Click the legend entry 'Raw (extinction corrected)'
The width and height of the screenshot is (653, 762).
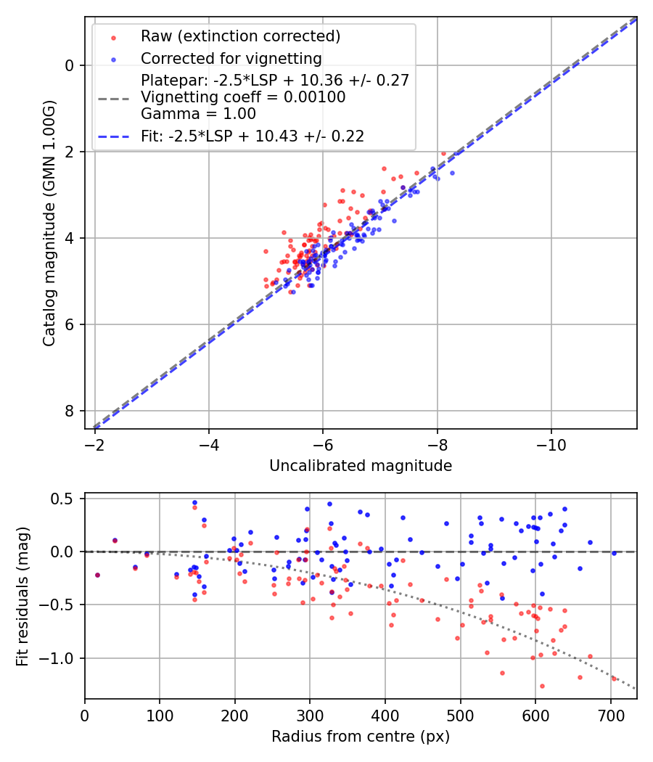point(240,36)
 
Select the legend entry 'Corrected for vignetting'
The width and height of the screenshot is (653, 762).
point(231,58)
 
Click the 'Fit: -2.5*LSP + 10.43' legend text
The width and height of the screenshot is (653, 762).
point(252,136)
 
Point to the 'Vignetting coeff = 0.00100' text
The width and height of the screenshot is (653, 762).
point(243,97)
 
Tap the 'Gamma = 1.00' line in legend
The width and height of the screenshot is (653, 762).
point(198,113)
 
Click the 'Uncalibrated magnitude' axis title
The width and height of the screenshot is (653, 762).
point(361,466)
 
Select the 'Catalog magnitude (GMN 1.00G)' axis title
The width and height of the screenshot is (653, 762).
point(49,223)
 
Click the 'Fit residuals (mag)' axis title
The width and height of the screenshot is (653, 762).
point(22,595)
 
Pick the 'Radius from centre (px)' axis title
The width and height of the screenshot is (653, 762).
point(361,737)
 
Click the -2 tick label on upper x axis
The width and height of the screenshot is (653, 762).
point(95,442)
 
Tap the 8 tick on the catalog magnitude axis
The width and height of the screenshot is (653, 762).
point(70,411)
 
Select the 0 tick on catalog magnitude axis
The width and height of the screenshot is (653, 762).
point(70,65)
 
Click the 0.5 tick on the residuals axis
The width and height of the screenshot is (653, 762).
point(65,499)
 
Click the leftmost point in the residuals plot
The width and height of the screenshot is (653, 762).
point(97,575)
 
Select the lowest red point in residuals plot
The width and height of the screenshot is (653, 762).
point(541,686)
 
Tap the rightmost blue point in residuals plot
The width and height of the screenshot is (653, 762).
point(614,553)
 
